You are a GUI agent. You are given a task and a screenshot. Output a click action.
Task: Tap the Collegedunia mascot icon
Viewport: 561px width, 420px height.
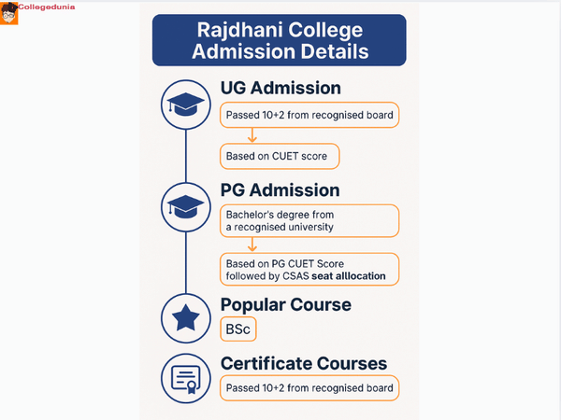(9, 12)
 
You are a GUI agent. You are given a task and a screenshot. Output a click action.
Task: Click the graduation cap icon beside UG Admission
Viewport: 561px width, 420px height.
(187, 105)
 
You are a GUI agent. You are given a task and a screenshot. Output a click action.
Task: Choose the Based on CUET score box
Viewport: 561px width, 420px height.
(279, 155)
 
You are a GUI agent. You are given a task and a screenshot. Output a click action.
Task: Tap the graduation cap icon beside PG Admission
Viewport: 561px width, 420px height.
(187, 205)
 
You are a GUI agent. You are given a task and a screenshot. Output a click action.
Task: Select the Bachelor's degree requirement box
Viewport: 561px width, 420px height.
(309, 221)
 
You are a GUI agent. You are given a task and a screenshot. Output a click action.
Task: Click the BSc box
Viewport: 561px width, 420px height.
(237, 329)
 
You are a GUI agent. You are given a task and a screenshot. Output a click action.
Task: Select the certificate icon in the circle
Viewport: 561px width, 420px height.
(187, 379)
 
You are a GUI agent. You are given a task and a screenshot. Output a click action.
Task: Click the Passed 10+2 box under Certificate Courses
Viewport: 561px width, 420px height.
(309, 388)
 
